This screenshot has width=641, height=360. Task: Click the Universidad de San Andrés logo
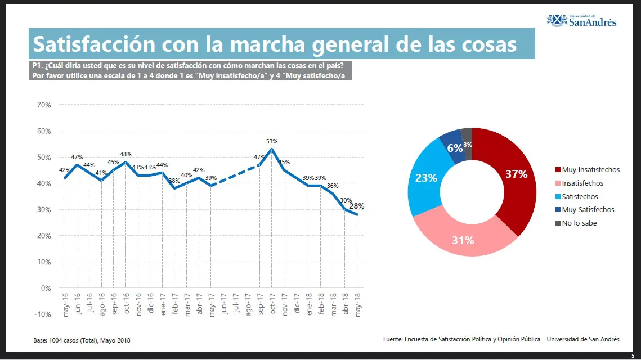point(582,21)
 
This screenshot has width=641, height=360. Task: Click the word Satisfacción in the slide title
point(93,44)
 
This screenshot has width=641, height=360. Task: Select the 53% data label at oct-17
point(272,141)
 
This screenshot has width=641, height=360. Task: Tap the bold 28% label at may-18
point(356,206)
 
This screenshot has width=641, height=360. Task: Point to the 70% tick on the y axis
point(44,105)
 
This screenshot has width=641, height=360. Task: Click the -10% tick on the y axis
point(43,314)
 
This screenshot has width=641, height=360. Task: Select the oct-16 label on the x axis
point(126,304)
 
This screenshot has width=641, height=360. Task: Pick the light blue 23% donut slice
point(426,178)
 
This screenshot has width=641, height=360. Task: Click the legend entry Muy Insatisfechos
point(590,169)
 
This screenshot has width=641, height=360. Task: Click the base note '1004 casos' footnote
point(82,340)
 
